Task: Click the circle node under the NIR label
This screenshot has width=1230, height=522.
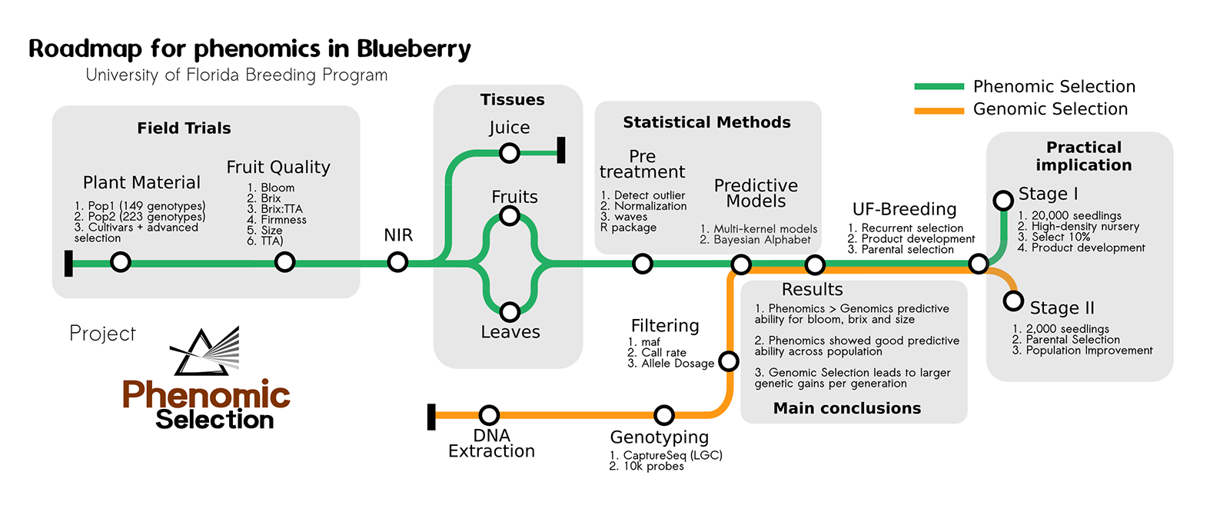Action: point(397,262)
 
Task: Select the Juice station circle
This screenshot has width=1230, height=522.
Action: point(509,153)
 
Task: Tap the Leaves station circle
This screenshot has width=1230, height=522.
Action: point(509,311)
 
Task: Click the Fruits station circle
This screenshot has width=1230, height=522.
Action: point(509,216)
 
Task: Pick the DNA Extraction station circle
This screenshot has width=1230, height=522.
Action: point(489,415)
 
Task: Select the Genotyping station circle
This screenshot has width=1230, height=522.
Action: point(664,415)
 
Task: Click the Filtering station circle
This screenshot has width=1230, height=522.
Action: point(729,361)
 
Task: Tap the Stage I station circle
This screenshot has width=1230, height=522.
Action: point(1003,201)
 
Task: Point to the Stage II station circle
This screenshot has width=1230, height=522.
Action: point(1014,301)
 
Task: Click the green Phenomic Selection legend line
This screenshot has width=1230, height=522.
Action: point(939,87)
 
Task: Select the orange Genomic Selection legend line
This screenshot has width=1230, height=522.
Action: point(939,111)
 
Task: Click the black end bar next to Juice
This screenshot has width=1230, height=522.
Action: point(561,150)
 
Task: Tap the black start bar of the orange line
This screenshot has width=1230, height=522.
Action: point(431,416)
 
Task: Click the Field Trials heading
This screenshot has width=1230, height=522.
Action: point(184,128)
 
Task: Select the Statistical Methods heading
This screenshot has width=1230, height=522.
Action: point(706,122)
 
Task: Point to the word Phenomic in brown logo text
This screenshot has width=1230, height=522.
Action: point(206,395)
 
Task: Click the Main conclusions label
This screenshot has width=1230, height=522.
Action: point(846,408)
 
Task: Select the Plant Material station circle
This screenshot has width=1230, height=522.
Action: point(121,262)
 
